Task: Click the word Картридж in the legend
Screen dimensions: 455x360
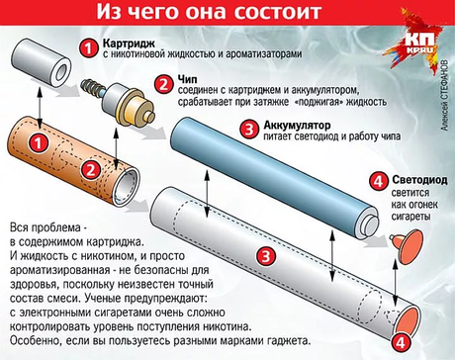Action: coord(129,44)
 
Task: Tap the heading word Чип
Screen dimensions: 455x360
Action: coord(188,80)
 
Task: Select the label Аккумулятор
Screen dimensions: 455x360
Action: coord(297,126)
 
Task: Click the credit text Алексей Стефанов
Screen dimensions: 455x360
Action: coord(444,95)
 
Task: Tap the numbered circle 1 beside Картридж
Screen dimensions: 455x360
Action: coord(88,48)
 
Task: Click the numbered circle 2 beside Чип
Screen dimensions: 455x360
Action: coord(163,84)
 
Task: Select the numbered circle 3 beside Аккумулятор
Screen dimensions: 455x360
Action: coord(249,129)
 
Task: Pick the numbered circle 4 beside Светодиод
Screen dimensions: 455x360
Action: coord(378,181)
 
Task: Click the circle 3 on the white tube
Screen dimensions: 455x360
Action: coord(266,256)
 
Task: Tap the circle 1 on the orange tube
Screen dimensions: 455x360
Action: coord(39,143)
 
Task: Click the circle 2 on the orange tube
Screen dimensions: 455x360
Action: coord(91,170)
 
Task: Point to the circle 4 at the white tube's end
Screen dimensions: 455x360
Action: coord(401,343)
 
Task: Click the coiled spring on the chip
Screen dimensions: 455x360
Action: coord(93,87)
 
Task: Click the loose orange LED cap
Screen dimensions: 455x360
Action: coord(408,245)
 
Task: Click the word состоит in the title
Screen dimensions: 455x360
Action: coord(277,12)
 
